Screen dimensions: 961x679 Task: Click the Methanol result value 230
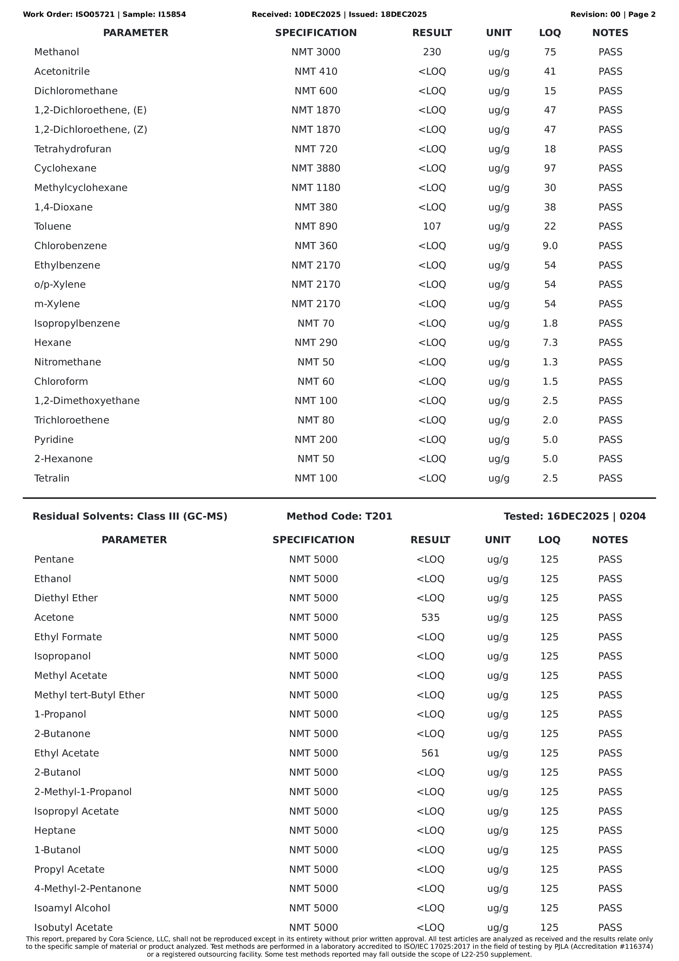point(432,52)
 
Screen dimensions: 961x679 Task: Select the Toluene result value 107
point(432,226)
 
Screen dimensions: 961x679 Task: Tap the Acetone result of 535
point(430,617)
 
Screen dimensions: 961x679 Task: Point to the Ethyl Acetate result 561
point(430,753)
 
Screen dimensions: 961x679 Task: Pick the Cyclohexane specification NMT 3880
point(316,168)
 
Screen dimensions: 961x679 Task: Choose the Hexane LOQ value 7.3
point(550,343)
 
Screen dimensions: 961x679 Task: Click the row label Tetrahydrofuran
point(73,149)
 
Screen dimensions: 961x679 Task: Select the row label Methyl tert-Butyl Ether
point(89,695)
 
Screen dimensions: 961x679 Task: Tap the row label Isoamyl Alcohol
point(72,908)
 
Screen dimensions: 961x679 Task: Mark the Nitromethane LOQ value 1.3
point(550,362)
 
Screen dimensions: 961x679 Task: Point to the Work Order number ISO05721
point(95,15)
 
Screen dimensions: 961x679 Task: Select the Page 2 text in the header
point(642,15)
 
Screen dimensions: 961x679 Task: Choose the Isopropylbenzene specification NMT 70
point(316,323)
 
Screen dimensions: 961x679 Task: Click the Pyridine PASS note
point(610,440)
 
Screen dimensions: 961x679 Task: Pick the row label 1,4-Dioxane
point(64,207)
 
